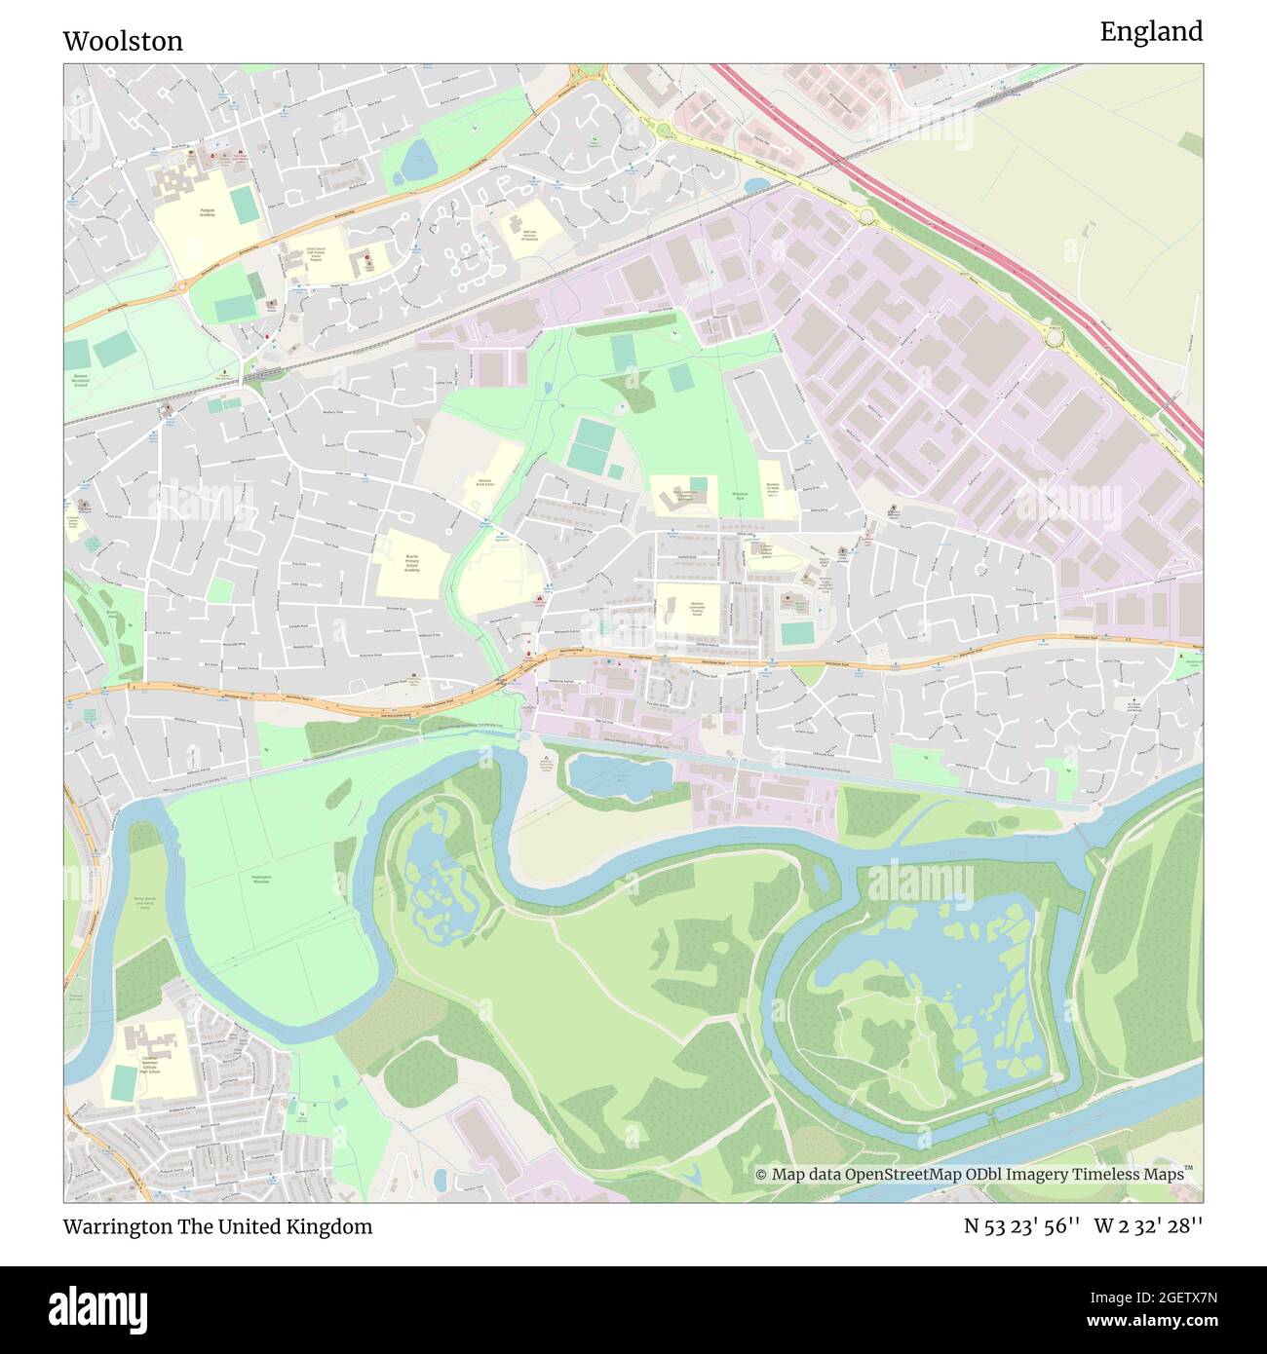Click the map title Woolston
(x=123, y=41)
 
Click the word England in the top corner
(x=1151, y=32)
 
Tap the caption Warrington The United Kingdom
(x=217, y=1226)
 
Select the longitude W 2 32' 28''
(x=1148, y=1226)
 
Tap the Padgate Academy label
(x=208, y=211)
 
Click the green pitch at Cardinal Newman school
(x=125, y=1082)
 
